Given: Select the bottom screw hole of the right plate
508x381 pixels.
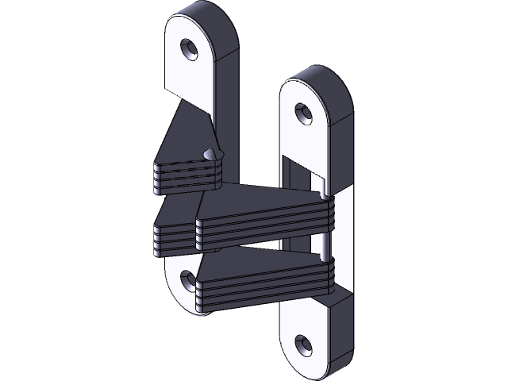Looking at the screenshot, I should pyautogui.click(x=302, y=344).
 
